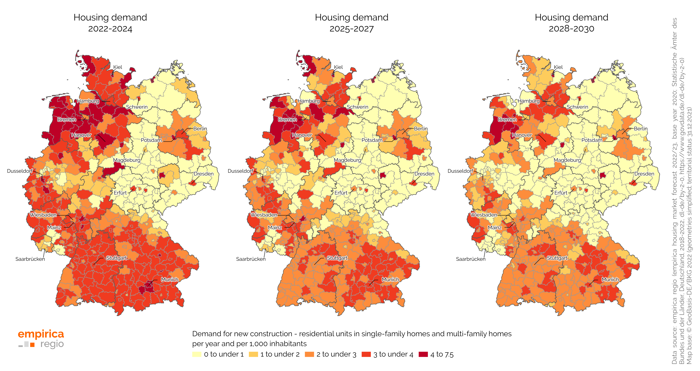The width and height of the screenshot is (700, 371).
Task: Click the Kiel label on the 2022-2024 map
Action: pyautogui.click(x=118, y=67)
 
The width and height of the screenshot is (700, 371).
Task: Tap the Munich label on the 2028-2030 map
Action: pyautogui.click(x=610, y=279)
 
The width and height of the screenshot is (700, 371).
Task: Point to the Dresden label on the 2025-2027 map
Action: pyautogui.click(x=424, y=174)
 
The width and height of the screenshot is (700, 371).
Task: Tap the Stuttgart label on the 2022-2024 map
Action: pyautogui.click(x=116, y=258)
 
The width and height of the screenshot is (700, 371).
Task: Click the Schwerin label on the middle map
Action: pyautogui.click(x=357, y=107)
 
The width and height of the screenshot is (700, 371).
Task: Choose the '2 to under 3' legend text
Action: pyautogui.click(x=336, y=354)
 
